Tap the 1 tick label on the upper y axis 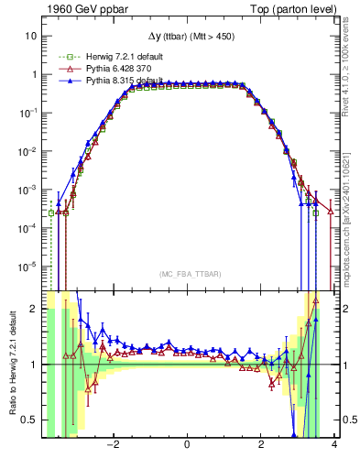click(x=33, y=74)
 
